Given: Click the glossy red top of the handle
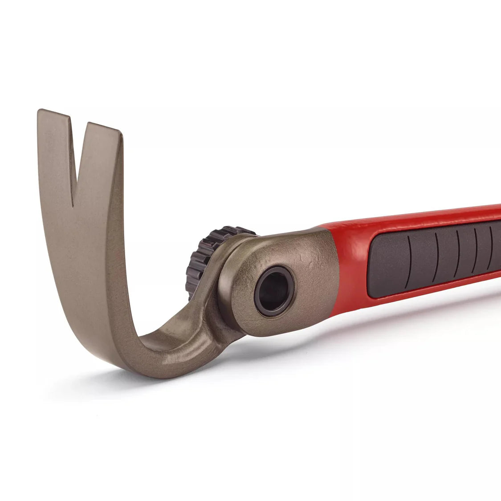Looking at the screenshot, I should coord(401,220).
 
